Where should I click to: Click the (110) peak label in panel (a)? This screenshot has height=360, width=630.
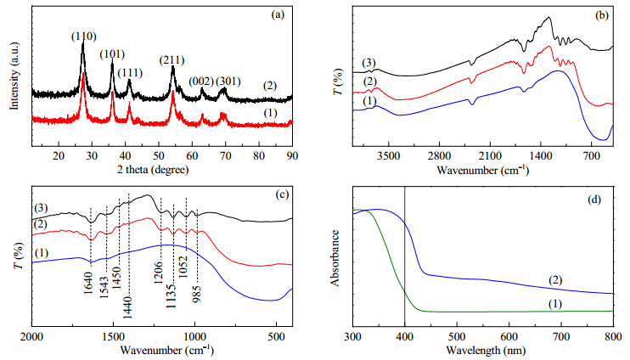[x=84, y=37]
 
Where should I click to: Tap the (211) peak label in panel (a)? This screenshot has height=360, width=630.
[x=172, y=60]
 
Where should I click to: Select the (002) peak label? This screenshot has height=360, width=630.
[x=201, y=82]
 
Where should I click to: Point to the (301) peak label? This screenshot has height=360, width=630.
[x=228, y=82]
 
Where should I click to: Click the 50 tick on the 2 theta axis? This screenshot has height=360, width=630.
[x=159, y=155]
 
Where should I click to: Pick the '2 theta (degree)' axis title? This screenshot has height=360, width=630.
[x=153, y=170]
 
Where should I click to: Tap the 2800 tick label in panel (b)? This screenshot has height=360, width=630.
[x=439, y=155]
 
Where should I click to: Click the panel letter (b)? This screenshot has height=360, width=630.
[x=601, y=15]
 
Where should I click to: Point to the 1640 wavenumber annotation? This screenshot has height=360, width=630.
[x=89, y=283]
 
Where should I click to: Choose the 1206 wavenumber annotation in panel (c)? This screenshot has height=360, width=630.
[x=158, y=272]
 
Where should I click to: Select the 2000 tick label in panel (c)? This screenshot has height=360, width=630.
[x=31, y=336]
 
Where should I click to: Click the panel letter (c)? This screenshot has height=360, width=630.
[x=282, y=194]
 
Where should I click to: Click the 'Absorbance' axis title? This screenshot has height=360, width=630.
[x=335, y=258]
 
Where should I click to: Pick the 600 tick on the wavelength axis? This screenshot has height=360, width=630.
[x=509, y=337]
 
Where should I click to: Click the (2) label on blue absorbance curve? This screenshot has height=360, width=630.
[x=555, y=280]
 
